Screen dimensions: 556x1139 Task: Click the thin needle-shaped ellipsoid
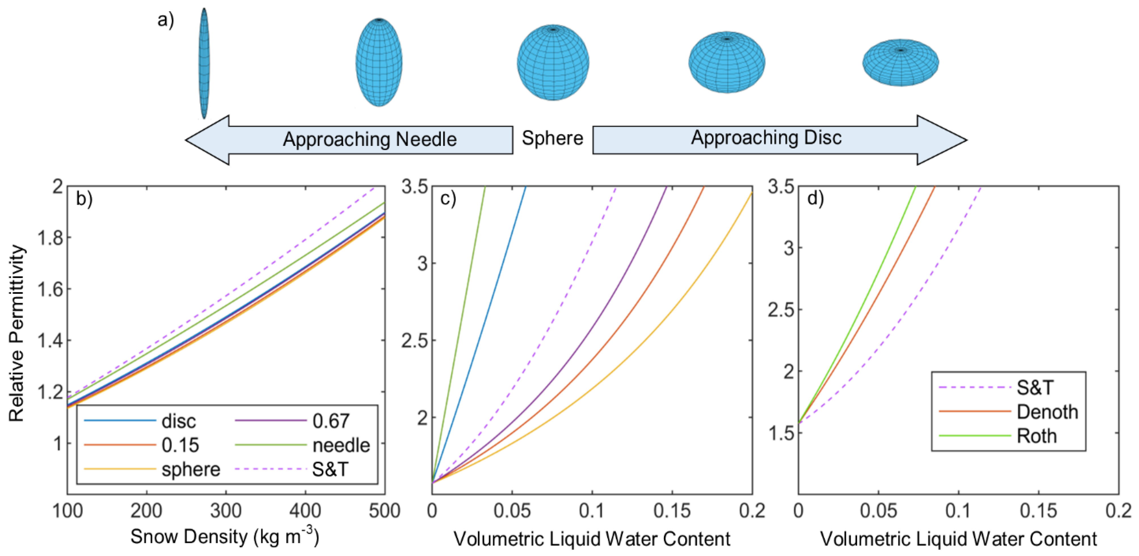pos(204,63)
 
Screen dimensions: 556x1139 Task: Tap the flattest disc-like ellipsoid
pos(901,62)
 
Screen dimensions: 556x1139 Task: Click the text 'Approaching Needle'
pos(370,139)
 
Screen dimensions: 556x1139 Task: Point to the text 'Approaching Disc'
pos(766,138)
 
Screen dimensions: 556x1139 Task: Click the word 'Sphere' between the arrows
pos(552,138)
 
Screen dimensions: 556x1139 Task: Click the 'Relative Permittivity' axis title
pos(17,333)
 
